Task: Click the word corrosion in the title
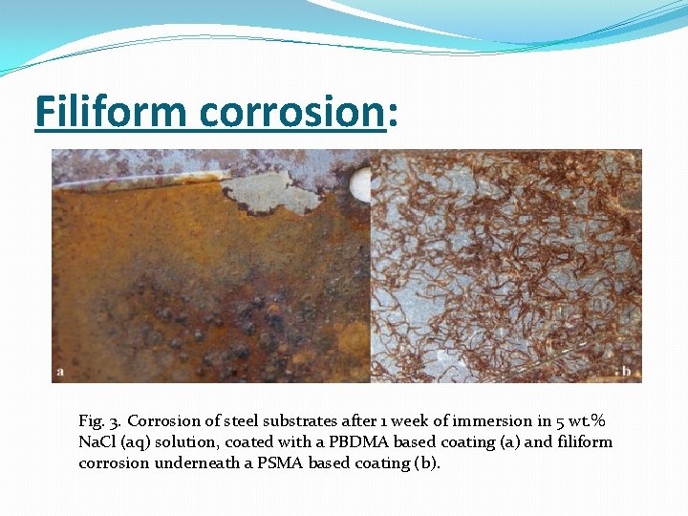pyautogui.click(x=291, y=112)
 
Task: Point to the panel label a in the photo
pyautogui.click(x=60, y=372)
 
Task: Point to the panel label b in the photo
pyautogui.click(x=627, y=372)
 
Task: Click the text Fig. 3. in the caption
pyautogui.click(x=100, y=421)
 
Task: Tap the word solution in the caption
pyautogui.click(x=185, y=442)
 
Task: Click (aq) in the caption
pyautogui.click(x=139, y=442)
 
